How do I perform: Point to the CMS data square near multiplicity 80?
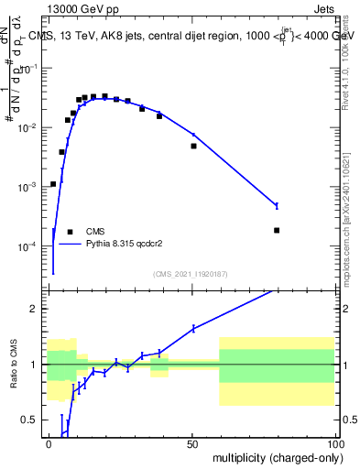pyautogui.click(x=277, y=230)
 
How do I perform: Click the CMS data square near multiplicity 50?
pyautogui.click(x=193, y=146)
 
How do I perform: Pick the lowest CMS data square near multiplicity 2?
pyautogui.click(x=53, y=184)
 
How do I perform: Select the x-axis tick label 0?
pyautogui.click(x=49, y=443)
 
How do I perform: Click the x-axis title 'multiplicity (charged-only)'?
pyautogui.click(x=275, y=457)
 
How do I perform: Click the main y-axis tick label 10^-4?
pyautogui.click(x=31, y=245)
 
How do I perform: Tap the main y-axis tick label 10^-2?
pyautogui.click(x=31, y=127)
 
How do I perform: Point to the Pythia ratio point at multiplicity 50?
pyautogui.click(x=193, y=329)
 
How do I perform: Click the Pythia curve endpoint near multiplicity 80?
pyautogui.click(x=277, y=204)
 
